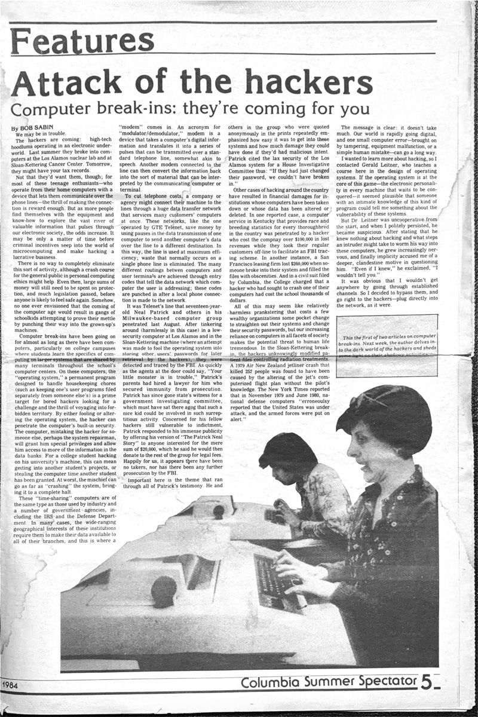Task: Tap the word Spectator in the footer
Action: [x=381, y=681]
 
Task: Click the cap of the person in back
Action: [x=287, y=448]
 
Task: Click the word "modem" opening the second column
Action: [x=127, y=128]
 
